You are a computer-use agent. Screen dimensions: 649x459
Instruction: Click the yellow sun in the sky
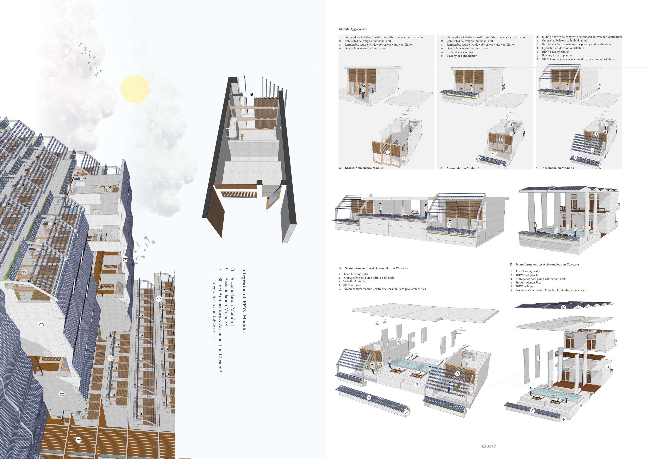click(135, 89)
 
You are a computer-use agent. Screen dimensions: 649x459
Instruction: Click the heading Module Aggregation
click(353, 29)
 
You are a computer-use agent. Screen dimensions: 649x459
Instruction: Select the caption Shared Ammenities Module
click(364, 168)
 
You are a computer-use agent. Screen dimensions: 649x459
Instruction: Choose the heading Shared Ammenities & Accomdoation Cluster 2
click(547, 264)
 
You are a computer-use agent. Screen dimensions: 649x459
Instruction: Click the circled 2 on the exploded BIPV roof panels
click(563, 307)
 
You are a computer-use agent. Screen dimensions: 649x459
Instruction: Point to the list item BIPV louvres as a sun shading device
click(578, 59)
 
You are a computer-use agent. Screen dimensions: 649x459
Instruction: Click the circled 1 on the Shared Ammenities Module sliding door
click(388, 152)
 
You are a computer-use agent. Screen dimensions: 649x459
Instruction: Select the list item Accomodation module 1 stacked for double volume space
click(551, 290)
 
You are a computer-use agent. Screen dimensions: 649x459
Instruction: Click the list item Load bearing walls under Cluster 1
click(356, 274)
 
